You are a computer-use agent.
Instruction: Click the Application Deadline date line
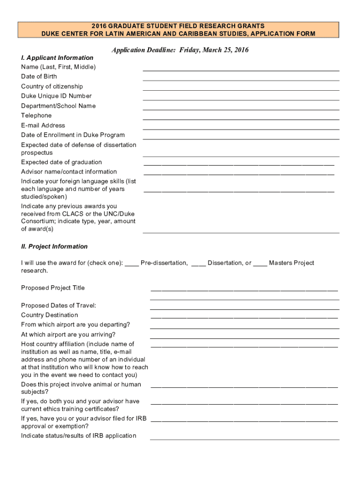pos(180,50)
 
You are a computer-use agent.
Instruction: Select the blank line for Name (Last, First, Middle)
pos(241,70)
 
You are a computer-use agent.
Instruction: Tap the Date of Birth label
pos(39,76)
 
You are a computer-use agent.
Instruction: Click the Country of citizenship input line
pos(241,89)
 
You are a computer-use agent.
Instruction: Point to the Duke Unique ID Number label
pos(56,96)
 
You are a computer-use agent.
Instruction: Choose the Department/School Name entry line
pos(241,109)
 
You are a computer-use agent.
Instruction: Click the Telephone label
pos(36,116)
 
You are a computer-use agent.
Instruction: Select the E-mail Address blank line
pos(241,129)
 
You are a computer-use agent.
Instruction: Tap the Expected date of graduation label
pos(61,162)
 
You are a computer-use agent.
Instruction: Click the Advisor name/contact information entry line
pos(239,174)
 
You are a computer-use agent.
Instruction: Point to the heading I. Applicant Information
pos(57,58)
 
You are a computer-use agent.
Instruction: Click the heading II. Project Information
pos(54,247)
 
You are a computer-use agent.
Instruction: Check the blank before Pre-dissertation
pos(132,264)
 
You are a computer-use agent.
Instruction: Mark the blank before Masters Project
pos(260,264)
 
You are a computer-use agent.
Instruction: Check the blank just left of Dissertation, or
pos(199,264)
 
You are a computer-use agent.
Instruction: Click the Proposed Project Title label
pos(53,288)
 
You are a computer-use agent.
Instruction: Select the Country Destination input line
pos(244,318)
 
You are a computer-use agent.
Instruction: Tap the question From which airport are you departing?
pos(75,325)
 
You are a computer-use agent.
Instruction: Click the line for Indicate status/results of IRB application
pos(245,439)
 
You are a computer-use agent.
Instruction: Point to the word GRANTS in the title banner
pos(250,26)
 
